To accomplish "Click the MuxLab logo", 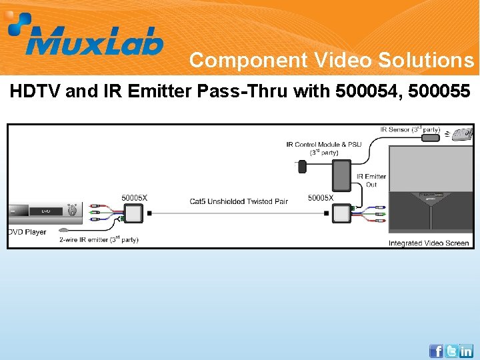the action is tap(85, 35).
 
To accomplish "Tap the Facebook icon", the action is tap(436, 351).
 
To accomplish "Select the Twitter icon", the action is tap(451, 351).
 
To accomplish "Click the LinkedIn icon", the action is tap(466, 351).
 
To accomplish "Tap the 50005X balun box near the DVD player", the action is tap(135, 213).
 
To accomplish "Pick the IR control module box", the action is tap(341, 175).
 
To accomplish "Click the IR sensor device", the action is tap(432, 137).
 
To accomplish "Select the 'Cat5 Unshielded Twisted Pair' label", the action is tap(238, 201).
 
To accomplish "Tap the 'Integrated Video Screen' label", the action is tap(429, 243).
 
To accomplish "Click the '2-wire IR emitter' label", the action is tap(99, 239).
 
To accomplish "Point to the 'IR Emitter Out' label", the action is tap(371, 181).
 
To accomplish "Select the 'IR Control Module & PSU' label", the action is tap(324, 147).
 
